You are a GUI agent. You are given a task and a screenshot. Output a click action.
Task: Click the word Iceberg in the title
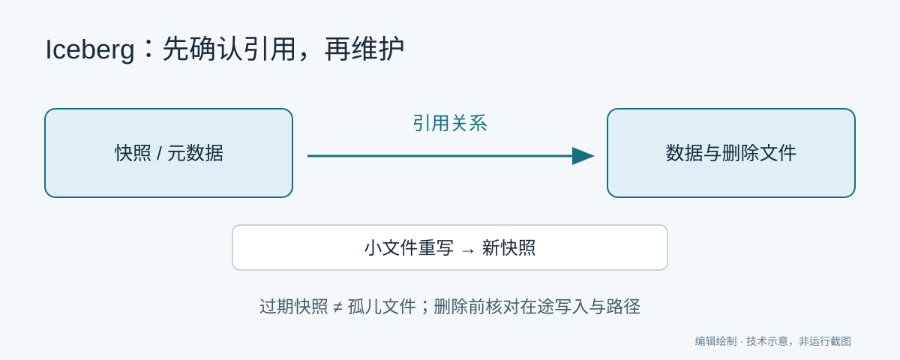(x=90, y=49)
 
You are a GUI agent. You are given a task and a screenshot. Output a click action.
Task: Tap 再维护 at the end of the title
(x=364, y=49)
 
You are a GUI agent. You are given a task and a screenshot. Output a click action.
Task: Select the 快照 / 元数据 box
(x=169, y=153)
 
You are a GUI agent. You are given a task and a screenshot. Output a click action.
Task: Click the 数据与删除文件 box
(x=730, y=153)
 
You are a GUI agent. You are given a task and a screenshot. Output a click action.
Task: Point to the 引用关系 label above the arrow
(x=450, y=123)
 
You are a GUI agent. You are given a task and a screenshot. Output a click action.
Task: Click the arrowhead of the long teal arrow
(x=583, y=156)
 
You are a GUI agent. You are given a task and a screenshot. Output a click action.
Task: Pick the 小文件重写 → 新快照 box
(x=450, y=247)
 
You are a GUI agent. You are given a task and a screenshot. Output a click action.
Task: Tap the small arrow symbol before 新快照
(x=468, y=250)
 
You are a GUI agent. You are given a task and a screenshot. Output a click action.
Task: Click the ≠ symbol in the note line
(x=338, y=307)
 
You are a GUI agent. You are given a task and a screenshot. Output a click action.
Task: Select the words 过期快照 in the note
(x=294, y=307)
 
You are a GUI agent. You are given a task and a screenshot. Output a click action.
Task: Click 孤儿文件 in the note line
(x=382, y=307)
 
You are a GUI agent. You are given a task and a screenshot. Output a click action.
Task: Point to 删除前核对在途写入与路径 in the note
(x=537, y=307)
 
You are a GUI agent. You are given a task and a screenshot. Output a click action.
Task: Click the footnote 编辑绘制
(x=716, y=341)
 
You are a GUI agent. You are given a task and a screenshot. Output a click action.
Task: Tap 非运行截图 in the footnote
(x=825, y=341)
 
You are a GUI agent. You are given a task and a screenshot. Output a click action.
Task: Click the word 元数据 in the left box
(x=195, y=153)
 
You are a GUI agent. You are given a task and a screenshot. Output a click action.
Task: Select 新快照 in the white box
(x=508, y=247)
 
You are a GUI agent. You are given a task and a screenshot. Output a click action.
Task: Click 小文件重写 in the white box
(x=409, y=247)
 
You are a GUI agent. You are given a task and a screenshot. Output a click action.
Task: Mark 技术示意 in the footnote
(x=767, y=341)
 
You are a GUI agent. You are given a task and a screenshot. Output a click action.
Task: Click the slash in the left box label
(x=160, y=154)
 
